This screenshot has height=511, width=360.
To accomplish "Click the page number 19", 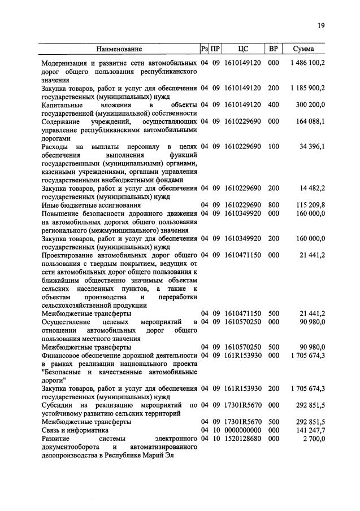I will pyautogui.click(x=320, y=25).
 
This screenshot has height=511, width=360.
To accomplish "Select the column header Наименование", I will pyautogui.click(x=119, y=49).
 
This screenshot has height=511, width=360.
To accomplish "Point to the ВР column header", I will pyautogui.click(x=274, y=49).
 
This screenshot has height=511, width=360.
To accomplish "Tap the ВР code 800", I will pyautogui.click(x=274, y=204).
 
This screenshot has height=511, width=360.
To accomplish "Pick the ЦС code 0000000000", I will pyautogui.click(x=242, y=430).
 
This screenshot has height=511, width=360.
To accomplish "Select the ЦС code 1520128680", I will pyautogui.click(x=242, y=438).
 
